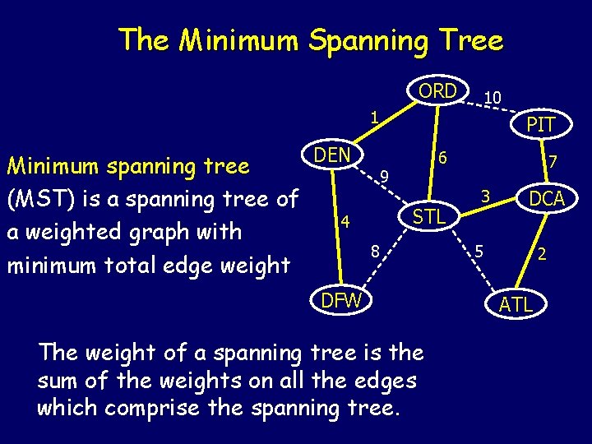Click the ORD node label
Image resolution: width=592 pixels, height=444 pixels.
(x=437, y=91)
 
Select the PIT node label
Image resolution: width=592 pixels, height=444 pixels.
(x=540, y=125)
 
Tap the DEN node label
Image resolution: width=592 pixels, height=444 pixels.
(x=332, y=155)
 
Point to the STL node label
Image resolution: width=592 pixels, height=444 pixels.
(x=429, y=217)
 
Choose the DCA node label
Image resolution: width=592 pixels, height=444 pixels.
(x=546, y=198)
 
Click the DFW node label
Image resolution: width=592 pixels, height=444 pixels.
(x=341, y=300)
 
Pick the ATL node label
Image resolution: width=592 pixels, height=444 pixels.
(x=516, y=305)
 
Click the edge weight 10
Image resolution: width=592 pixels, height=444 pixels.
(x=493, y=98)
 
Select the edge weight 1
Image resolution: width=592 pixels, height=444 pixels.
(x=373, y=118)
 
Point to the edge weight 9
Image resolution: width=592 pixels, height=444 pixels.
(x=383, y=175)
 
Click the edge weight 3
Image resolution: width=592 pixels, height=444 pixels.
(x=486, y=197)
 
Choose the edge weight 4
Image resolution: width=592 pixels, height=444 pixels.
(x=346, y=221)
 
